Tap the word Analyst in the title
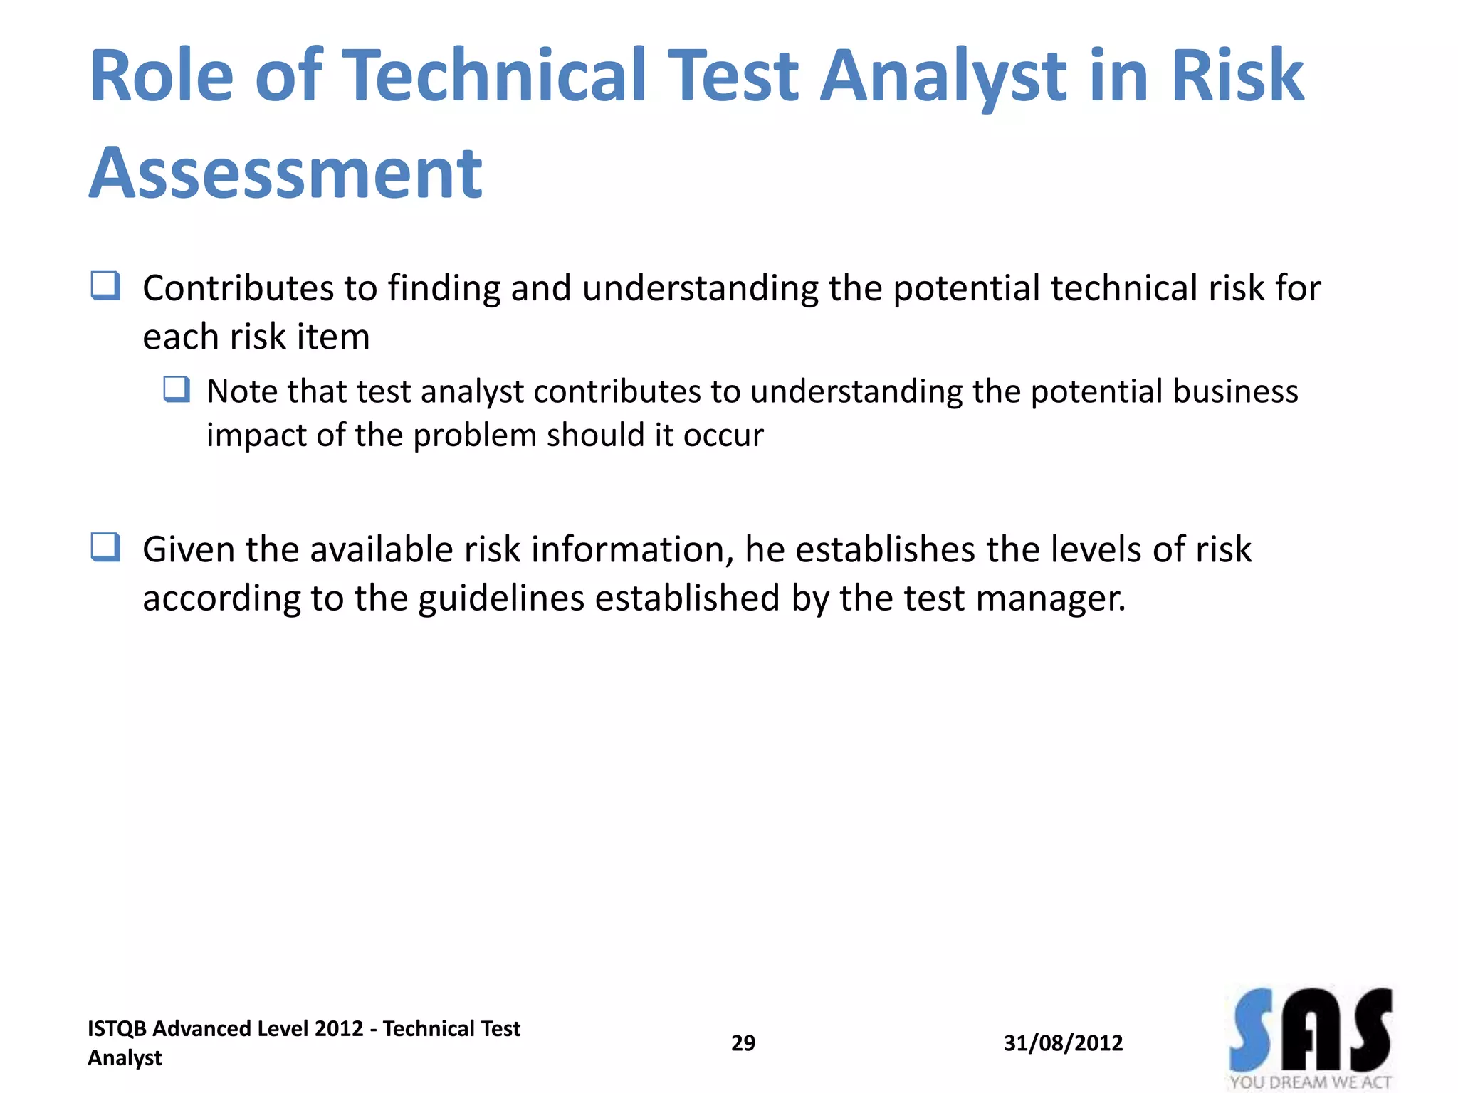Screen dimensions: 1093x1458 943,77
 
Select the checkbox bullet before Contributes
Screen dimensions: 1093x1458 105,286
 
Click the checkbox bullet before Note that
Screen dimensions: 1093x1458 177,389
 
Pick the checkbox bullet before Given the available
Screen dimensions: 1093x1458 105,547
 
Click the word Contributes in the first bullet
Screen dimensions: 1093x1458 238,288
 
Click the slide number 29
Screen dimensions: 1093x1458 743,1043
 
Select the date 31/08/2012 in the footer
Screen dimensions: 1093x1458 1063,1043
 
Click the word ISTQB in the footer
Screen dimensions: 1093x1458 117,1029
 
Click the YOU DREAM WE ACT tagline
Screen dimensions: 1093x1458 1310,1082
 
